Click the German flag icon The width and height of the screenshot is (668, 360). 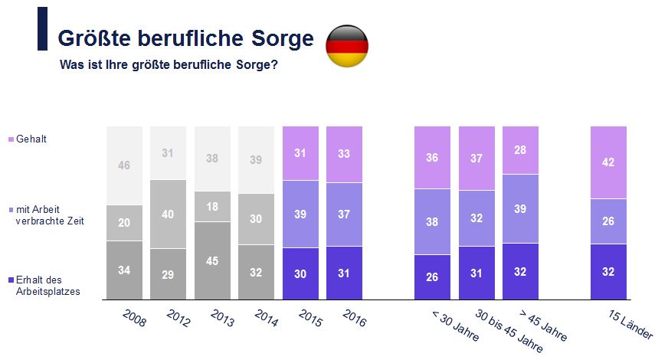tap(347, 46)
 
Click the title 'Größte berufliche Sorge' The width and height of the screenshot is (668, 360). tap(186, 38)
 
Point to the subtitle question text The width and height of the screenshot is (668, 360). tap(169, 65)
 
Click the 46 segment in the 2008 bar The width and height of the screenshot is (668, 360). tap(124, 165)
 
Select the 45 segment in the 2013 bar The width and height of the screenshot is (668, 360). tap(213, 260)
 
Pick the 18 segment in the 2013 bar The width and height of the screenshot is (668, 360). tap(213, 207)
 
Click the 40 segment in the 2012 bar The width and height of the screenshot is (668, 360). tap(169, 214)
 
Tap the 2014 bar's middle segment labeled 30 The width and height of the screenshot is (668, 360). tap(257, 219)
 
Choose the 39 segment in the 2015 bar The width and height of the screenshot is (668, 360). tap(301, 214)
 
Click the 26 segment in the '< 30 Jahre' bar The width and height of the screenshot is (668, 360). tap(432, 277)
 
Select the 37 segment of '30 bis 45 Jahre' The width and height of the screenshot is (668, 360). tap(476, 158)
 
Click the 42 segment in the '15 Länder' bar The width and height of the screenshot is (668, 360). tap(608, 162)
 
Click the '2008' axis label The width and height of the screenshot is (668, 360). tap(134, 319)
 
